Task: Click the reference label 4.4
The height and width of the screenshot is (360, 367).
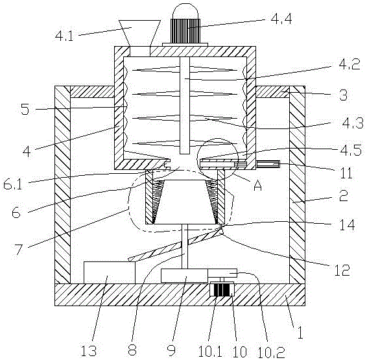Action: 281,19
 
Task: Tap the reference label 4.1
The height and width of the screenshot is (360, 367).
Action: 64,36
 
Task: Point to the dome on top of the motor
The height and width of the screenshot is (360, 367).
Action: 185,11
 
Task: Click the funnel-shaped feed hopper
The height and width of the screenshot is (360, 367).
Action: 139,34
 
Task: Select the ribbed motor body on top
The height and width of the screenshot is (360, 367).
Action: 185,31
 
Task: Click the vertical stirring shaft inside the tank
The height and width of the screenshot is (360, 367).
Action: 185,105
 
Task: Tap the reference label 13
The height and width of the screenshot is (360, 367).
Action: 88,351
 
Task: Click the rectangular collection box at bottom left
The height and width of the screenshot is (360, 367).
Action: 110,272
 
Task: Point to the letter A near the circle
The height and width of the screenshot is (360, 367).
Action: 257,186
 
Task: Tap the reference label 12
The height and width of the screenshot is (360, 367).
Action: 342,270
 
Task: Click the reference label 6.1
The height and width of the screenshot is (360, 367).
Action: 13,184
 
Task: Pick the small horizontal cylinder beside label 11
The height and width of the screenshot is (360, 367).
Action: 268,164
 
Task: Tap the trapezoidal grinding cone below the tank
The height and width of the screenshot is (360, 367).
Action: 185,202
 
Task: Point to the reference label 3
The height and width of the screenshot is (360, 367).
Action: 343,95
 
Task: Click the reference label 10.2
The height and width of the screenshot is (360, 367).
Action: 271,352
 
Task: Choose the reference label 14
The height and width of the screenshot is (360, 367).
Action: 347,225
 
